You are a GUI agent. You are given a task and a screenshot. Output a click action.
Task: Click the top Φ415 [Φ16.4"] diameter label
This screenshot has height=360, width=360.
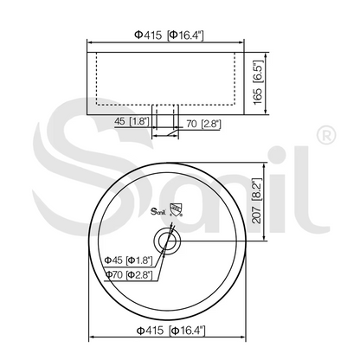[x=169, y=35]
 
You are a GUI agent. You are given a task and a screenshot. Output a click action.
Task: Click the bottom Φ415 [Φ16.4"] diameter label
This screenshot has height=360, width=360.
[x=170, y=330]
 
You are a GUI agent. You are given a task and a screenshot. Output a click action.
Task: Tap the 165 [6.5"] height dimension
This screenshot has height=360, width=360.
[x=258, y=83]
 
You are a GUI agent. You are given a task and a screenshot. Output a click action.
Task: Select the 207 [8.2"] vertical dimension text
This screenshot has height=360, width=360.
[x=256, y=201]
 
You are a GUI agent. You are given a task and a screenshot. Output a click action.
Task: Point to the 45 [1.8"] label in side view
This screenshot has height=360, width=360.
[x=132, y=121]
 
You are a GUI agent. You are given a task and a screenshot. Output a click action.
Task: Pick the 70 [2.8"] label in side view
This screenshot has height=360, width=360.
[x=203, y=124]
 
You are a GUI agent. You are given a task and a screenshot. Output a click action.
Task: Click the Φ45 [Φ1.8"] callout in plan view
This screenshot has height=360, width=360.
[x=128, y=260]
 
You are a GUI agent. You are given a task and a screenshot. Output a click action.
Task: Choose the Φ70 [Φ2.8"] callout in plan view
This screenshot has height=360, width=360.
[x=129, y=274]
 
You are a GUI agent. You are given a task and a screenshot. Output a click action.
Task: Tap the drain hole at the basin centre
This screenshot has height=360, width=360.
[x=167, y=241]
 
